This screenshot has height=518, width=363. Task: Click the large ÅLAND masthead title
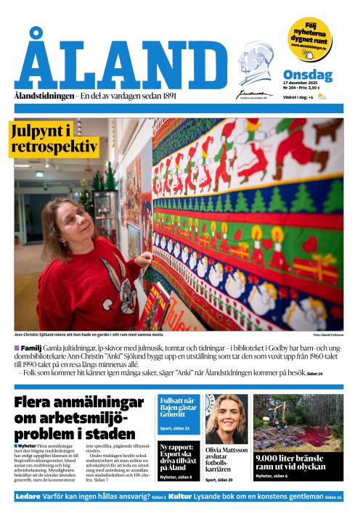coord(121,65)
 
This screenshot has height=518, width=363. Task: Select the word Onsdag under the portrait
coord(307,75)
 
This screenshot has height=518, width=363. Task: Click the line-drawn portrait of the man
coord(255,65)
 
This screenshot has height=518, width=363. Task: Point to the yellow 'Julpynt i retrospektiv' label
coord(54,139)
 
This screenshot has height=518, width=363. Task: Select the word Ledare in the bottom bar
coord(28,496)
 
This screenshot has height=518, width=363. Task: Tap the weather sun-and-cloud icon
coord(322,96)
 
